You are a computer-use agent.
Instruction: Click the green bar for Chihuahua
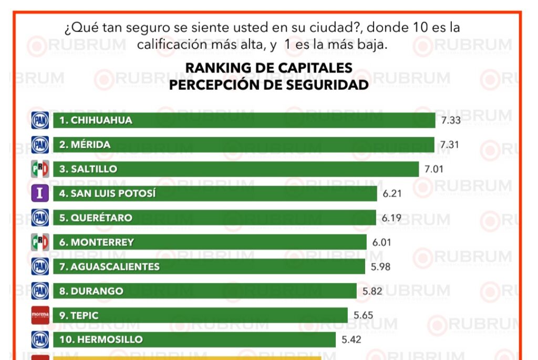(244, 120)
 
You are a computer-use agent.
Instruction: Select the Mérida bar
(244, 145)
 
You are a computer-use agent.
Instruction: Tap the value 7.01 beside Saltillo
(434, 169)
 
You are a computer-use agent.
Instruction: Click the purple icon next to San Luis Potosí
(40, 193)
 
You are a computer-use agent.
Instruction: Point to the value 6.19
(391, 218)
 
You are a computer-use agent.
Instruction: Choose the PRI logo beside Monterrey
(40, 242)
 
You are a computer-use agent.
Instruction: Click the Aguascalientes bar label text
(109, 266)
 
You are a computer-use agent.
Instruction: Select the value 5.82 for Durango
(373, 291)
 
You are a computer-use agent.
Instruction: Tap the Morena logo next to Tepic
(40, 315)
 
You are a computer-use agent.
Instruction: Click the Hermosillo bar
(194, 340)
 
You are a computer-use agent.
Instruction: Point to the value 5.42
(351, 340)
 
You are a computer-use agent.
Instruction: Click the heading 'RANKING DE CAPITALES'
(268, 67)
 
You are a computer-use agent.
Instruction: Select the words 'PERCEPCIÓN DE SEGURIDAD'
(268, 85)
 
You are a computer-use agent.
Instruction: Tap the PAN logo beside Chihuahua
(40, 120)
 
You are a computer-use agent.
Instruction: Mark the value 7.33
(451, 120)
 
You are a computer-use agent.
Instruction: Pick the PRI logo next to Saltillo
(40, 169)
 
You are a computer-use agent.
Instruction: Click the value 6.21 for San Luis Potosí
(392, 193)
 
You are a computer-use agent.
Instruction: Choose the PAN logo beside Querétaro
(40, 218)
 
